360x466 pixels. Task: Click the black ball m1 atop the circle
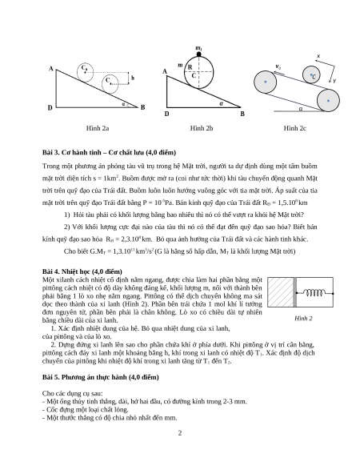[198, 54]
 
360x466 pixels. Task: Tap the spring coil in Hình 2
[314, 293]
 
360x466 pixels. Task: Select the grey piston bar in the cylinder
[294, 292]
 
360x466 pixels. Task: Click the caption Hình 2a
[98, 128]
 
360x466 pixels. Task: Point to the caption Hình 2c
[294, 128]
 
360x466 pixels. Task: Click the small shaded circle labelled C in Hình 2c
[311, 74]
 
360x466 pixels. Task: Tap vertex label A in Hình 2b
[165, 71]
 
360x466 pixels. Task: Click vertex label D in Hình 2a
[50, 107]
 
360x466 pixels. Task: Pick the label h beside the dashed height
[133, 78]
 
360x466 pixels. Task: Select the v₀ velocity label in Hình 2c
[278, 66]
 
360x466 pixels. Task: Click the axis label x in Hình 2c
[318, 56]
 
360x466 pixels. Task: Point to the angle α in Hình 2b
[221, 104]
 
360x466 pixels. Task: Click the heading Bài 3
[109, 152]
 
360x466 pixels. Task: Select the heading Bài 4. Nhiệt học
[82, 271]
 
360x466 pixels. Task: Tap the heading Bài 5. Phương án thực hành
[100, 377]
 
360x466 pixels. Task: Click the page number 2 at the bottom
[180, 433]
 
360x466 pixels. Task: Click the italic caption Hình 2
[303, 319]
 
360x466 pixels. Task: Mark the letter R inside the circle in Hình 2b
[190, 67]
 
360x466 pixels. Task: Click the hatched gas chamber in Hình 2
[280, 292]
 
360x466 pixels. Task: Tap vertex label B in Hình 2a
[143, 107]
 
